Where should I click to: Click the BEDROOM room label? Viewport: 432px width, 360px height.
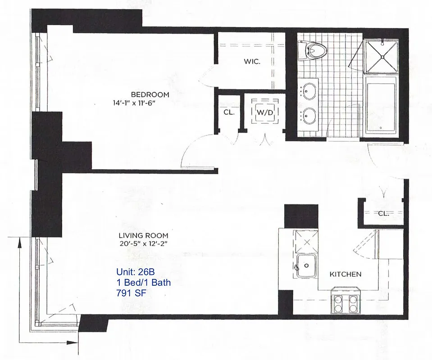[150, 94]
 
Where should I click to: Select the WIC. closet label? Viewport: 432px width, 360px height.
[252, 62]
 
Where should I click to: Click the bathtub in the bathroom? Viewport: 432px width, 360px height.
[381, 104]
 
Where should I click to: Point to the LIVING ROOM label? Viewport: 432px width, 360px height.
[143, 235]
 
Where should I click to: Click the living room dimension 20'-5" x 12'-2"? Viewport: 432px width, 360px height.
[143, 244]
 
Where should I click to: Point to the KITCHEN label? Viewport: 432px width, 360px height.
[346, 274]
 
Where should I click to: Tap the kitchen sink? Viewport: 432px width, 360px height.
[307, 265]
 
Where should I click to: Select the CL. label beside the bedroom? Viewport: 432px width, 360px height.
[229, 112]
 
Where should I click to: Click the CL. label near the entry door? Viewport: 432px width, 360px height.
[383, 213]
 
